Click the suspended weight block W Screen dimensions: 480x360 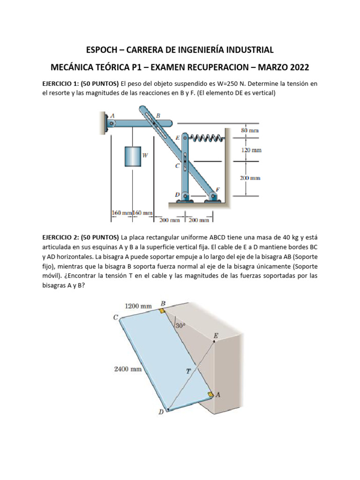pos(133,156)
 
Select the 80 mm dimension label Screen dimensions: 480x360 pos(250,131)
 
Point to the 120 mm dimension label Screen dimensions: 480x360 pos(251,150)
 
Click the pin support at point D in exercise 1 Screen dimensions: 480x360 pos(185,196)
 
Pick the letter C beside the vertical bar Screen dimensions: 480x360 pos(177,165)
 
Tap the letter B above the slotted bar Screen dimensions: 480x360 pos(158,115)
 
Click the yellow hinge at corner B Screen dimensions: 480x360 pos(162,310)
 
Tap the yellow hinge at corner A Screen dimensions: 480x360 pos(211,395)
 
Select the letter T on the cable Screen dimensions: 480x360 pos(188,371)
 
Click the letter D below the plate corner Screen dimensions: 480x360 pos(161,412)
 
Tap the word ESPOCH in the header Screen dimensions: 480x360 pos(103,49)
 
